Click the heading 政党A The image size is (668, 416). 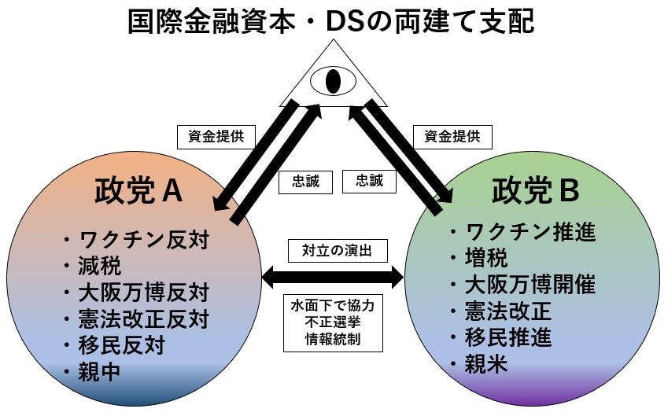138,191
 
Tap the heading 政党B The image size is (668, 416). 535,190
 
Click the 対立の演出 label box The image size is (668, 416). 334,251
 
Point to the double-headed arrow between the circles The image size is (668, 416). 332,276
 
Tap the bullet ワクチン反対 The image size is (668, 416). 144,239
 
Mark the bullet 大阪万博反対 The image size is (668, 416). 144,293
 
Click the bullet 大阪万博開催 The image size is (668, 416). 531,284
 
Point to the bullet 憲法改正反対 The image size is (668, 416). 144,319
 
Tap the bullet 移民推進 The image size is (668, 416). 509,337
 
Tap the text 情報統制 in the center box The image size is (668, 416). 333,341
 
